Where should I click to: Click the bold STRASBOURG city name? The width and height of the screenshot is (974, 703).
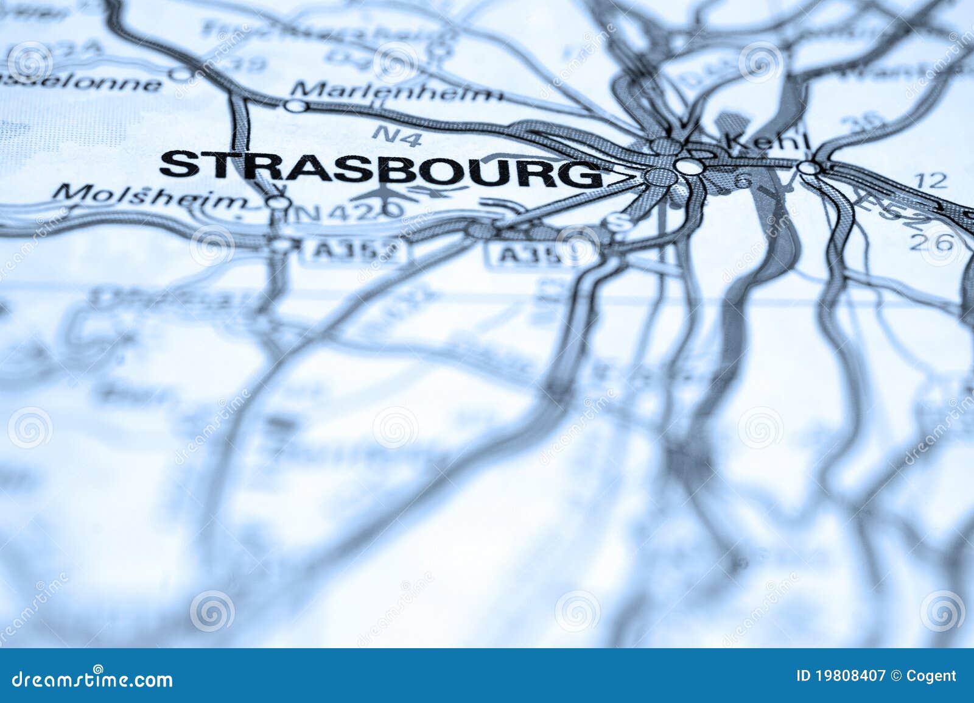pyautogui.click(x=380, y=168)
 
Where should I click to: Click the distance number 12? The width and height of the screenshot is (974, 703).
pyautogui.click(x=931, y=180)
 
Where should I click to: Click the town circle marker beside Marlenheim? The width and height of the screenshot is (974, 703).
pyautogui.click(x=296, y=106)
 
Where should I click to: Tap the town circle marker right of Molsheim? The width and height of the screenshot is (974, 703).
pyautogui.click(x=278, y=202)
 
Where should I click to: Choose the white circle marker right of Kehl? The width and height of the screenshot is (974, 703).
pyautogui.click(x=808, y=168)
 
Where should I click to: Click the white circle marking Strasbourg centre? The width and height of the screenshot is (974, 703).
pyautogui.click(x=687, y=166)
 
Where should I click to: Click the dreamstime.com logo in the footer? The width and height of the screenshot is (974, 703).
pyautogui.click(x=93, y=678)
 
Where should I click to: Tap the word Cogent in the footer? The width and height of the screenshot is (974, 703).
pyautogui.click(x=931, y=676)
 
